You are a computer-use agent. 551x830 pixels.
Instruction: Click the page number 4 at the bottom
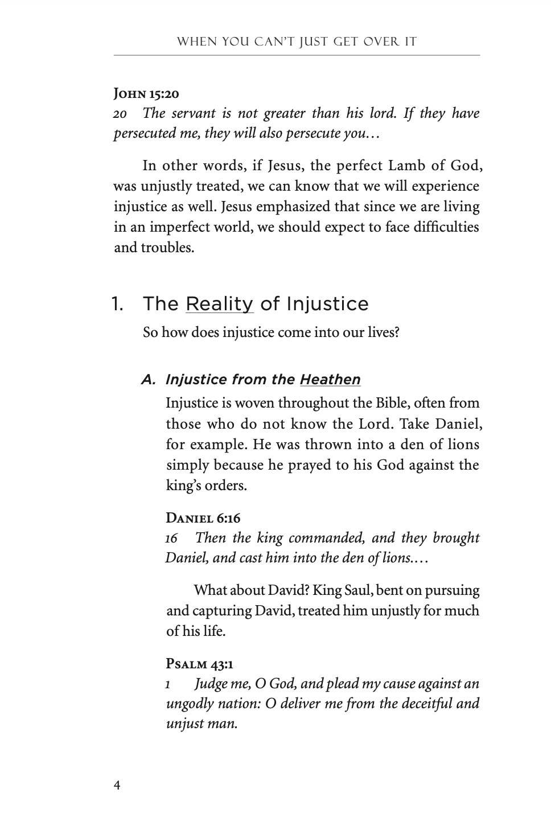(x=117, y=786)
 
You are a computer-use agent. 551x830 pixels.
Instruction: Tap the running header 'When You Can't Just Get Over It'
(x=297, y=42)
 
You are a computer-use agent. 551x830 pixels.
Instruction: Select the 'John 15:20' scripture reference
(x=147, y=93)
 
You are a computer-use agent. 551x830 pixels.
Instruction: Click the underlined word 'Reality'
(x=220, y=304)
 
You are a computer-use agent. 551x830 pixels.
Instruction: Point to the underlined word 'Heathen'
(x=330, y=380)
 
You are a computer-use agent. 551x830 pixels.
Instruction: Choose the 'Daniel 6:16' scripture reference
(x=203, y=518)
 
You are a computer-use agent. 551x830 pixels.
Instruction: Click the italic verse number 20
(x=120, y=114)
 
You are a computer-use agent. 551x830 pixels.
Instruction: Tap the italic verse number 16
(x=171, y=539)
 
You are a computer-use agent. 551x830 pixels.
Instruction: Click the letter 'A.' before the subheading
(x=149, y=380)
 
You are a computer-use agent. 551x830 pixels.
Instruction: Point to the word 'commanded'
(x=323, y=538)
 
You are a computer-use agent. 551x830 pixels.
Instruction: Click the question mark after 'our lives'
(x=396, y=332)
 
